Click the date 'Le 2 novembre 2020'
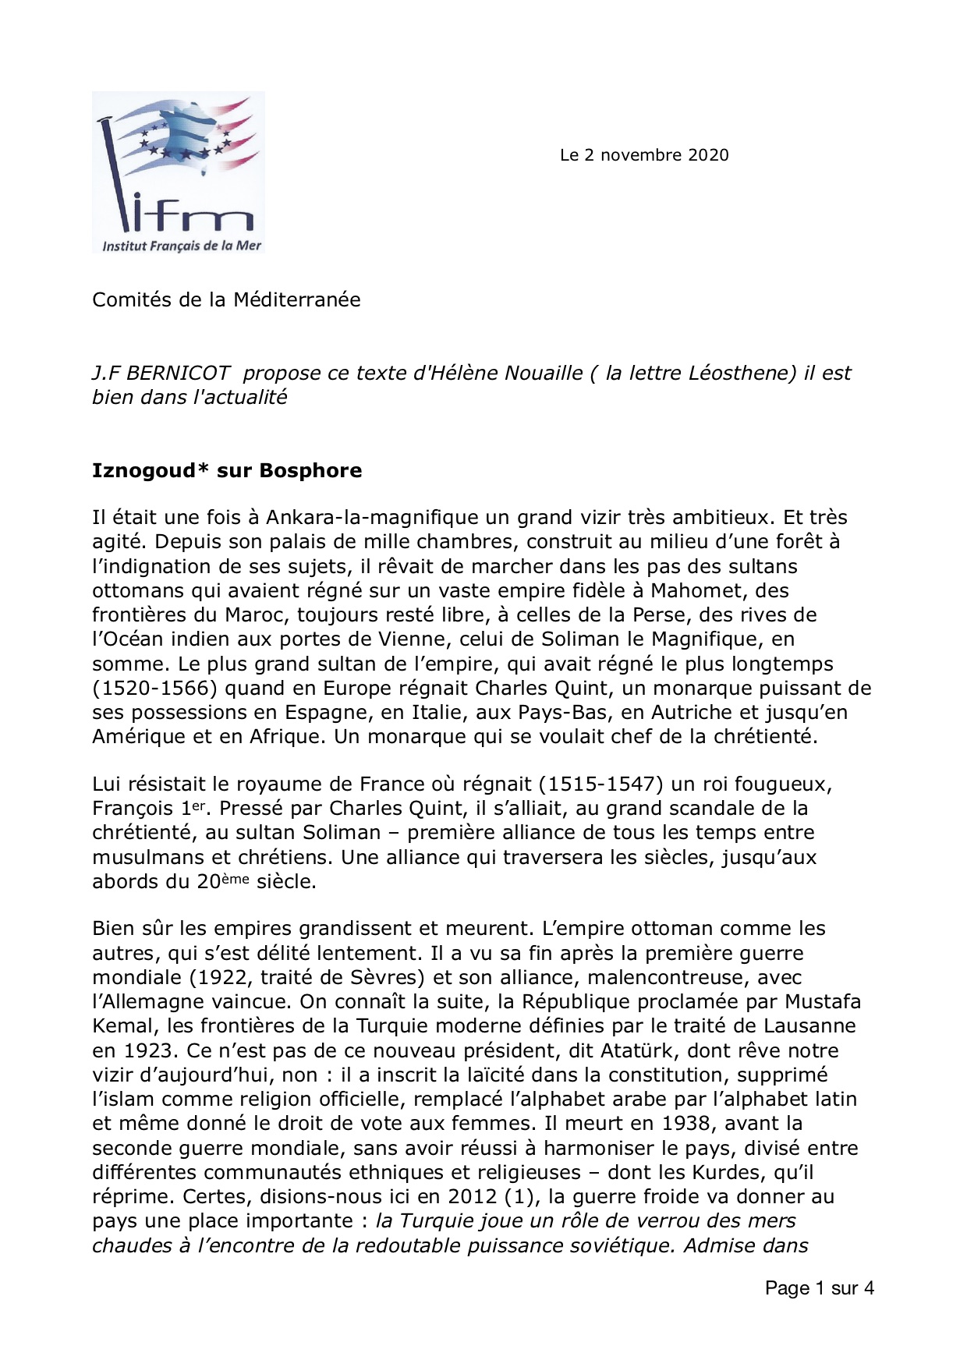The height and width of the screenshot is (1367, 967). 644,155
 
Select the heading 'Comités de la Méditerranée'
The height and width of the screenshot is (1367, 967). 226,299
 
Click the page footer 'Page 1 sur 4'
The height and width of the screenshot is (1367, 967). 819,1288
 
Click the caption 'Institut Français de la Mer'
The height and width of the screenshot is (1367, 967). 182,246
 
